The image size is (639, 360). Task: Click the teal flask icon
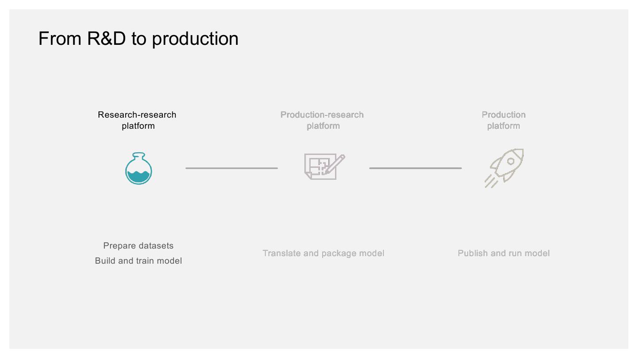138,169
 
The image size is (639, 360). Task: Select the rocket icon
505,168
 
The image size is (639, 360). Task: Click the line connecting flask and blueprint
232,168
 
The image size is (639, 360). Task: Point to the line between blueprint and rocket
415,168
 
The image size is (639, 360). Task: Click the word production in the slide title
195,39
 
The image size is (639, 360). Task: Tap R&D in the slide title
106,39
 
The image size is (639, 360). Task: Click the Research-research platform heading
138,120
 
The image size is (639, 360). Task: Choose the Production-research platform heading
322,120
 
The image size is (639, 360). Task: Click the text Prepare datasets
138,245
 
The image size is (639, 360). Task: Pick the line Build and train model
138,261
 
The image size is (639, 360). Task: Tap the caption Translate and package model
323,253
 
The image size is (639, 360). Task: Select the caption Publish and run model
504,253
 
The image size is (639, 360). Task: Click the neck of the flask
138,157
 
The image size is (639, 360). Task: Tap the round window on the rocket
511,161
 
